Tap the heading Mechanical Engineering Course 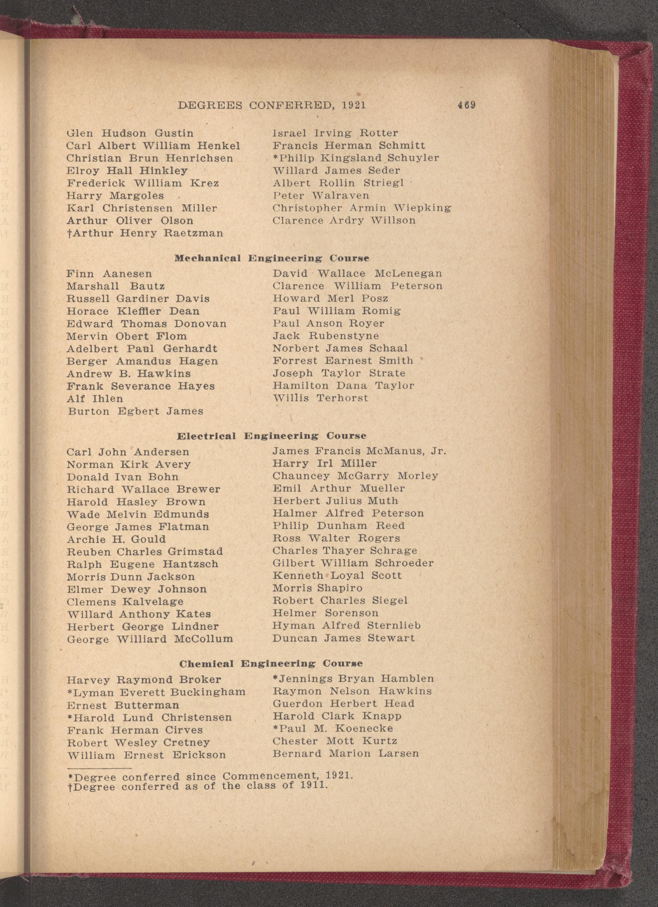pos(272,258)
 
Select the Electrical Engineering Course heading pos(271,436)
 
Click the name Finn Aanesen pos(109,274)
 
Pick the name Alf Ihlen pos(95,399)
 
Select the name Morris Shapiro pos(317,588)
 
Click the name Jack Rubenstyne pos(326,336)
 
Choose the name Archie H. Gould pos(116,539)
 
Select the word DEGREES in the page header pos(211,105)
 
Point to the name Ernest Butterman pos(123,705)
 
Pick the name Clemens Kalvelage pos(125,601)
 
